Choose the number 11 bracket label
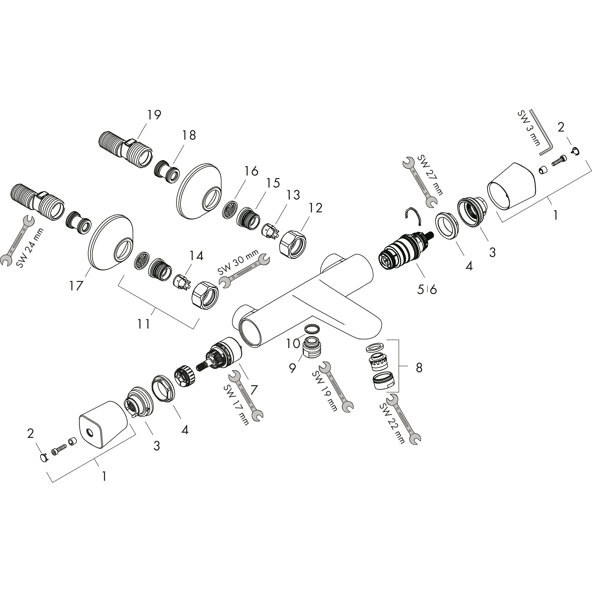(143, 324)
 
